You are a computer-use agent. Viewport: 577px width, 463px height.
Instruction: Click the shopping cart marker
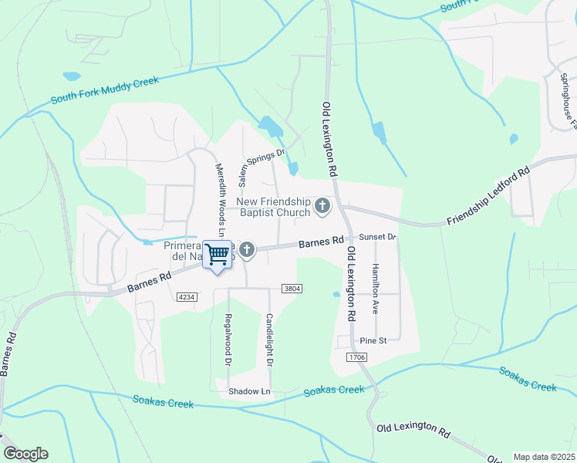pos(218,254)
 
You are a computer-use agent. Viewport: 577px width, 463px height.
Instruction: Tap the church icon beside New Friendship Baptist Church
pos(322,206)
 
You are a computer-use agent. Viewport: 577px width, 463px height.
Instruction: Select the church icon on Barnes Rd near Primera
pos(247,248)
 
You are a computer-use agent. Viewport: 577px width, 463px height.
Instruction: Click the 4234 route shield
pos(186,296)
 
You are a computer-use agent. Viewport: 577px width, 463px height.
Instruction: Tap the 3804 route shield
pos(291,289)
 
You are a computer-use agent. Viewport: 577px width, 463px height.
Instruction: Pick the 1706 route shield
pos(356,357)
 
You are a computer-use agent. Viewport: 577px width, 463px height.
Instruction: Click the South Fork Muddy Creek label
pos(104,90)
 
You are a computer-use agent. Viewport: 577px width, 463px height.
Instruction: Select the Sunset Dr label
pos(377,237)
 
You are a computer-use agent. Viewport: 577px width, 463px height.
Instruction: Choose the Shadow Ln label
pos(250,391)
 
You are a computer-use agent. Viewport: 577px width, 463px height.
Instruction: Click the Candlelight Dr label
pos(269,340)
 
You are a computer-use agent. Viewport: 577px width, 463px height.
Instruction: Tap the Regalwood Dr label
pos(228,340)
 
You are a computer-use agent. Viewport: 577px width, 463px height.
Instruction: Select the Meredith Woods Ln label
pos(219,199)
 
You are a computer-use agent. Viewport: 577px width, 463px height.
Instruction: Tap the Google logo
pos(25,454)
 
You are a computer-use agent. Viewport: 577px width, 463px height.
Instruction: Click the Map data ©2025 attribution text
pos(544,457)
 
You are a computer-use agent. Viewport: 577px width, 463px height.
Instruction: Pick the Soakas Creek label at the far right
pos(528,379)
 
